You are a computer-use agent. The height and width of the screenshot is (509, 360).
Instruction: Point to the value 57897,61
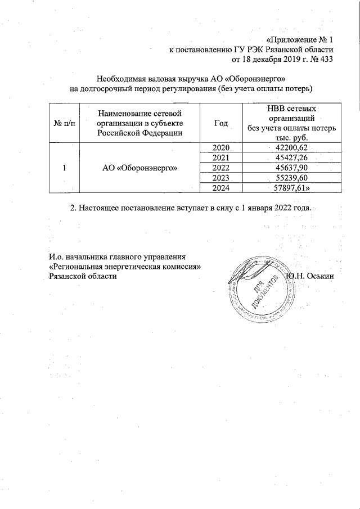pos(291,188)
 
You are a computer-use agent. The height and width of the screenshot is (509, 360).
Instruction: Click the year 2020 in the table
pos(222,147)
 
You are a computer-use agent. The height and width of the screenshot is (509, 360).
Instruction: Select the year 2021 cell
pos(222,157)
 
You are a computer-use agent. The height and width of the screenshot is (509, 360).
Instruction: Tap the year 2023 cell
pos(222,178)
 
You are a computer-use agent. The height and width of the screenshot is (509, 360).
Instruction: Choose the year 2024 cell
pos(222,188)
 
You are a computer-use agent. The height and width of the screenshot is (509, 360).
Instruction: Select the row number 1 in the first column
pos(65,168)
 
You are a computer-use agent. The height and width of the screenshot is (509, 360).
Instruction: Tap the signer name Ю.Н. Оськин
pos(310,276)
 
